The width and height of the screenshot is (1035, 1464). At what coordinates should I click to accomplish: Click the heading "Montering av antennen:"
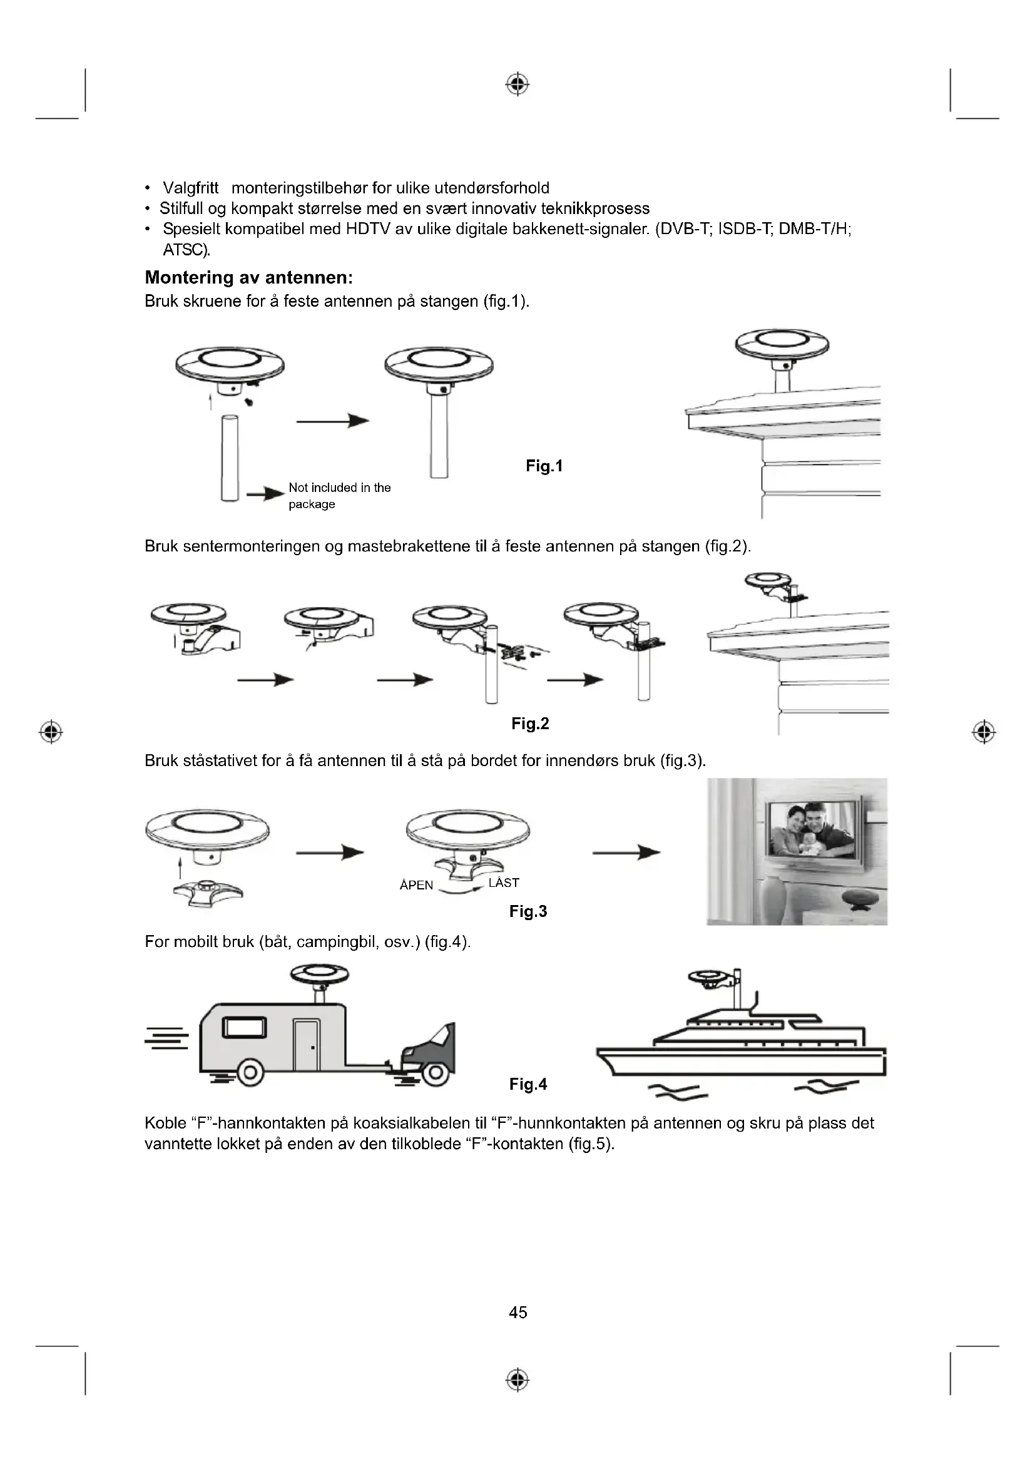[x=248, y=277]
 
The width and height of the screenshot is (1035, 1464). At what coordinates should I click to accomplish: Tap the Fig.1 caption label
[x=544, y=466]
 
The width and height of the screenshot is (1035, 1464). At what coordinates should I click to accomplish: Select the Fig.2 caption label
[x=529, y=724]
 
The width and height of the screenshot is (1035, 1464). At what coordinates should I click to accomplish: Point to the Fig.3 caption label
[x=528, y=911]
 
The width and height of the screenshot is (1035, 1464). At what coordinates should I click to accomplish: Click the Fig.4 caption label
[x=528, y=1084]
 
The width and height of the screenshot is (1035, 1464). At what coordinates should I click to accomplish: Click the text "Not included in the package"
[x=339, y=496]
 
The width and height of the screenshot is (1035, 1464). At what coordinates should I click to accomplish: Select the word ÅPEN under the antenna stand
[x=416, y=885]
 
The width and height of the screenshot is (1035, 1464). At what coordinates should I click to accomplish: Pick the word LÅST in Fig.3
[x=504, y=883]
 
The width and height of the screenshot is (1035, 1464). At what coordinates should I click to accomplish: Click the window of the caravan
[x=244, y=1028]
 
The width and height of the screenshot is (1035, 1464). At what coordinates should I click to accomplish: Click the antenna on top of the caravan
[x=319, y=976]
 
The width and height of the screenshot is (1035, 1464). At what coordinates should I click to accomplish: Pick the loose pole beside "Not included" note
[x=230, y=457]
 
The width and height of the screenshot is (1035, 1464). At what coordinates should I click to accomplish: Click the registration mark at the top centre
[x=517, y=84]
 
